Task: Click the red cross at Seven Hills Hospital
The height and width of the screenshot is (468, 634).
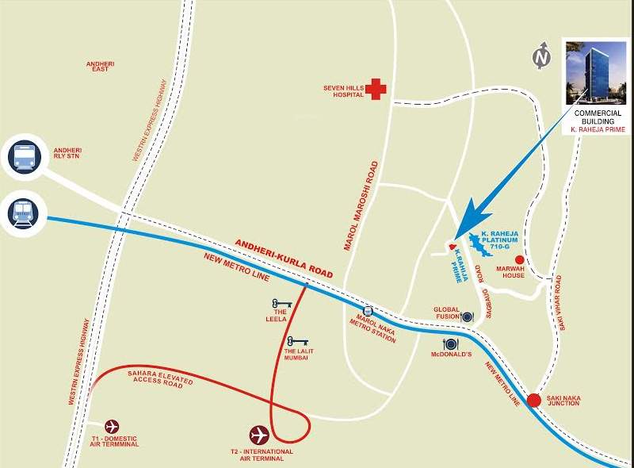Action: point(376,89)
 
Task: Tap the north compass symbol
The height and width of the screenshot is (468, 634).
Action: point(542,56)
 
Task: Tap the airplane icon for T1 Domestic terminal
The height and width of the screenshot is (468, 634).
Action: point(113,426)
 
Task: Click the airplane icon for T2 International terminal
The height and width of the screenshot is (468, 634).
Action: point(259,434)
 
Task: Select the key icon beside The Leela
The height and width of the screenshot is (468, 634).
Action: point(281,302)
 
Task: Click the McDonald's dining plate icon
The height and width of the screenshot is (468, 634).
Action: point(450,343)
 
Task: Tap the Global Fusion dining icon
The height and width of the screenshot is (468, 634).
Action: point(467,316)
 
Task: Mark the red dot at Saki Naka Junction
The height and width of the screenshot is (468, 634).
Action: point(535,401)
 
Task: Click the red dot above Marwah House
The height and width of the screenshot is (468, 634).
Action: point(520,259)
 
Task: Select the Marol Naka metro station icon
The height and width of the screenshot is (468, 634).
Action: point(368,312)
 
